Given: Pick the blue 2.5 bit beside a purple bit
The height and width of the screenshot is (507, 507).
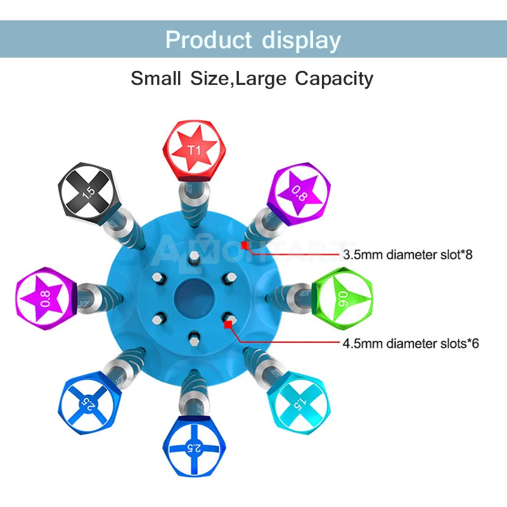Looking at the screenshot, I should [87, 404].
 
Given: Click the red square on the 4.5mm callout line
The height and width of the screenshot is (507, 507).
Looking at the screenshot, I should [227, 324].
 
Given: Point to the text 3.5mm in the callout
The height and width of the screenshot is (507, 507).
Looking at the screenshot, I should [363, 255].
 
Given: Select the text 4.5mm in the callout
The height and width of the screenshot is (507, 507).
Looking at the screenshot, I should [363, 344].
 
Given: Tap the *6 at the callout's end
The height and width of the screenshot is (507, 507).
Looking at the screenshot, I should [472, 344].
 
